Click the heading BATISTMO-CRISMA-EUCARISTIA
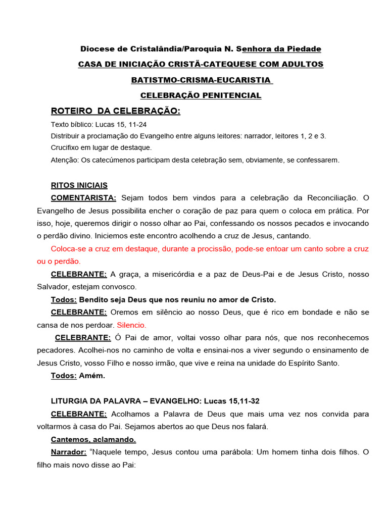pos(201,80)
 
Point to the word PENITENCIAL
pos(231,95)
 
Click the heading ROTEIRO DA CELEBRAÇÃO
pos(116,111)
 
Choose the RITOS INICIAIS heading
pos(79,185)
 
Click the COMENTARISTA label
pos(84,197)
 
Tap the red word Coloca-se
pos(68,249)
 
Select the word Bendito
pos(94,300)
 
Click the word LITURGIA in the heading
pos(69,401)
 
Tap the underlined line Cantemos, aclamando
pos(93,439)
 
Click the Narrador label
pos(67,452)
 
